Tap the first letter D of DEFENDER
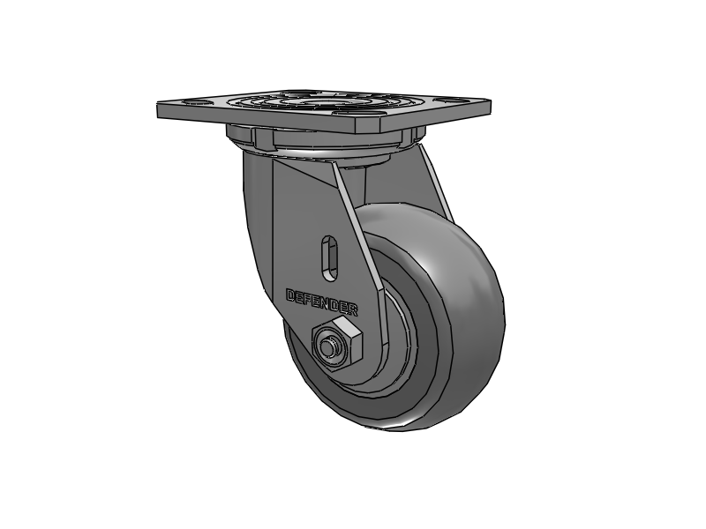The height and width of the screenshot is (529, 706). (x=290, y=294)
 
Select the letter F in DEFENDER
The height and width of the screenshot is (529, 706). (x=308, y=298)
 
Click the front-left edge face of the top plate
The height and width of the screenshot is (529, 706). (x=256, y=120)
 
